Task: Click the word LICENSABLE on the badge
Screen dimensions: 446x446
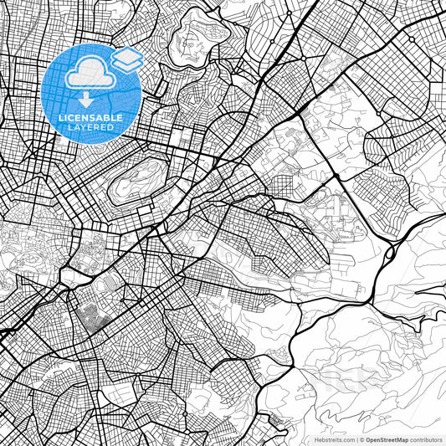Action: pos(90,118)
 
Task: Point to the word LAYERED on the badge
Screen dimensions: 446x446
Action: pos(90,127)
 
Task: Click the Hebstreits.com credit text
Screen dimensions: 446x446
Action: pos(332,439)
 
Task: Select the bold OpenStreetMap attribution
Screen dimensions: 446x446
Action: pos(386,439)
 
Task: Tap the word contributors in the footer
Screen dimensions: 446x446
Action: pos(426,439)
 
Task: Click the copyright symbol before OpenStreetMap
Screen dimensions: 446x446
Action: pos(361,439)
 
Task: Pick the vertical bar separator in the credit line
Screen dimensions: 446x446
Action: pos(356,439)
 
